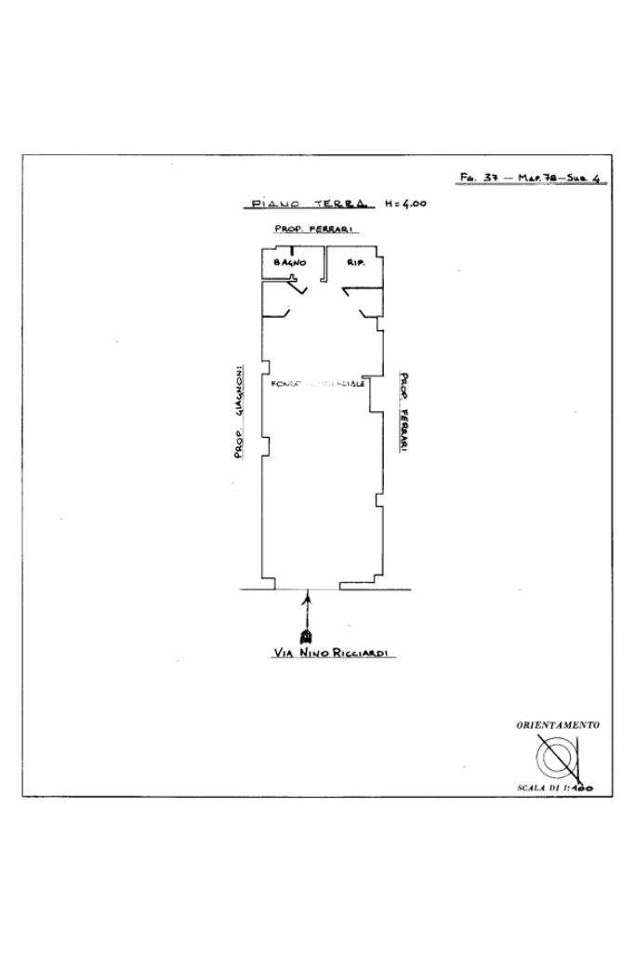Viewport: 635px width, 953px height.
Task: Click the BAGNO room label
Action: [x=289, y=263]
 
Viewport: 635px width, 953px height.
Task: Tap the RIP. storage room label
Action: [x=355, y=263]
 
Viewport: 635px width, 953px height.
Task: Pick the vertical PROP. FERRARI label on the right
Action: [x=404, y=413]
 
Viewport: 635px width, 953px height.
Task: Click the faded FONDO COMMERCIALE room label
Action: [x=317, y=383]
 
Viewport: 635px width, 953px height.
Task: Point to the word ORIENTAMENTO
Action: [x=557, y=724]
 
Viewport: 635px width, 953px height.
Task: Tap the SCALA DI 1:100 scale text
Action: [x=554, y=788]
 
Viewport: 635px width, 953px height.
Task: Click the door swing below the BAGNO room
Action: [x=297, y=289]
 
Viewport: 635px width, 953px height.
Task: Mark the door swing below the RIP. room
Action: [x=353, y=292]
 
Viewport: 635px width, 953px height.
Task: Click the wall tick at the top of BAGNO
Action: [x=292, y=250]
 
